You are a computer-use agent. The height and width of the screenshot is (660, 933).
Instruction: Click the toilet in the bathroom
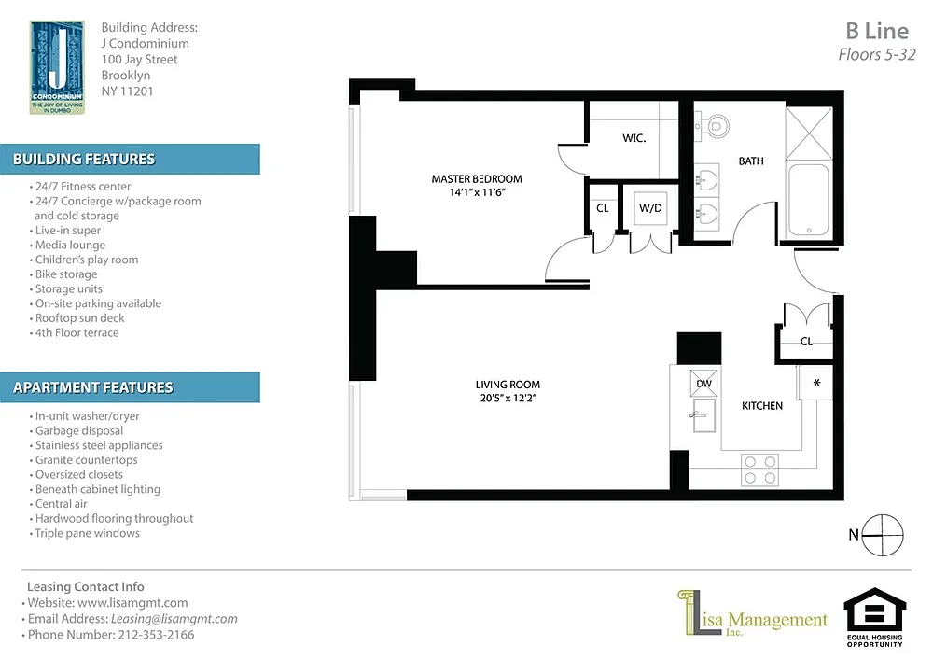[x=714, y=126]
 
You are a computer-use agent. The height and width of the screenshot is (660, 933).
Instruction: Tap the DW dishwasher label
[x=703, y=384]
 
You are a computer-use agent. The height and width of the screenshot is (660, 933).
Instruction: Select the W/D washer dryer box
[x=650, y=207]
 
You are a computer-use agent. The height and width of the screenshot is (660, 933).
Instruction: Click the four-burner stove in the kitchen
[x=759, y=470]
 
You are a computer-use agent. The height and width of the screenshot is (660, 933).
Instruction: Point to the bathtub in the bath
[x=808, y=201]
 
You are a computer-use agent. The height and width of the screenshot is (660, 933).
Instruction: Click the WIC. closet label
[x=634, y=138]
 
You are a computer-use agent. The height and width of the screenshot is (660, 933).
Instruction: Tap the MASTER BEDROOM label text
[x=477, y=178]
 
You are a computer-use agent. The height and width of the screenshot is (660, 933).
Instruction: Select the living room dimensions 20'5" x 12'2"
[x=508, y=398]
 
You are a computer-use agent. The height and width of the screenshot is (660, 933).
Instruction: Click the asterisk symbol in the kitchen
[x=817, y=383]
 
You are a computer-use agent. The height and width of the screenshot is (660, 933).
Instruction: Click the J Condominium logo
[x=57, y=67]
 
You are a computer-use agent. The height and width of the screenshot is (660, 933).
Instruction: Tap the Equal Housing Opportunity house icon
[x=875, y=610]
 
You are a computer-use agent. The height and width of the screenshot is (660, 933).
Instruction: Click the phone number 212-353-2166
[x=156, y=635]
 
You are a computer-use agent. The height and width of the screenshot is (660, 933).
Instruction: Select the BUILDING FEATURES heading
[x=84, y=159]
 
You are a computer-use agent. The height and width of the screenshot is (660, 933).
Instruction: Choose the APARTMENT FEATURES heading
[x=92, y=387]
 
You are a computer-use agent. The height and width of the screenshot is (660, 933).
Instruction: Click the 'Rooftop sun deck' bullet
[x=79, y=317]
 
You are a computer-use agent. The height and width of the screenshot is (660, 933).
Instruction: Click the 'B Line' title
[x=877, y=31]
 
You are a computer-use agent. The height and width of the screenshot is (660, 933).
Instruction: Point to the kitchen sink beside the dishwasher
[x=703, y=414]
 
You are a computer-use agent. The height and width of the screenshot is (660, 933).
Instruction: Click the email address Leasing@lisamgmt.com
[x=174, y=619]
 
